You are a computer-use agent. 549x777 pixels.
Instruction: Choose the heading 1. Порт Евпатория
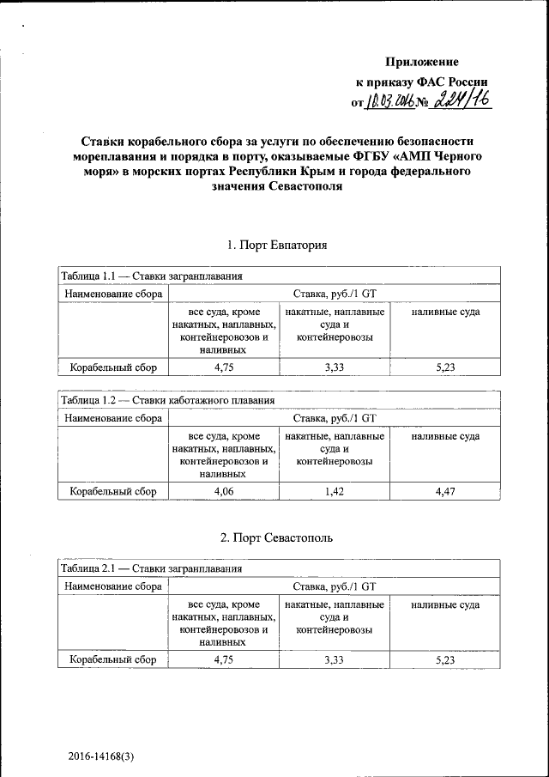pyautogui.click(x=277, y=246)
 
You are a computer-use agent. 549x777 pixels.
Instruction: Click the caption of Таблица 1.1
pyautogui.click(x=151, y=276)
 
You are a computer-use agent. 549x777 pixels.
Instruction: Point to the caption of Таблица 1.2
pyautogui.click(x=167, y=400)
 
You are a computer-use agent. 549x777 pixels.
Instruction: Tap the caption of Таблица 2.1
pyautogui.click(x=151, y=568)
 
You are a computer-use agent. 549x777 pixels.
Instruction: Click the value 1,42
pyautogui.click(x=334, y=491)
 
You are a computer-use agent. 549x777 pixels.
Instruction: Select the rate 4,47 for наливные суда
pyautogui.click(x=444, y=491)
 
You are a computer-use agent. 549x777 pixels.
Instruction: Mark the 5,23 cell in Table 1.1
pyautogui.click(x=444, y=368)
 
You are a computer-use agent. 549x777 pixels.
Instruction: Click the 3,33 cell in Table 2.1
pyautogui.click(x=334, y=660)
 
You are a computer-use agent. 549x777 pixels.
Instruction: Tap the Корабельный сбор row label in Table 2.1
pyautogui.click(x=112, y=660)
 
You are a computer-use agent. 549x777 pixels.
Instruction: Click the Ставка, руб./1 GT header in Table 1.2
pyautogui.click(x=334, y=419)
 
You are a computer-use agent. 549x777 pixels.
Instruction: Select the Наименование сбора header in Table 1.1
pyautogui.click(x=112, y=294)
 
